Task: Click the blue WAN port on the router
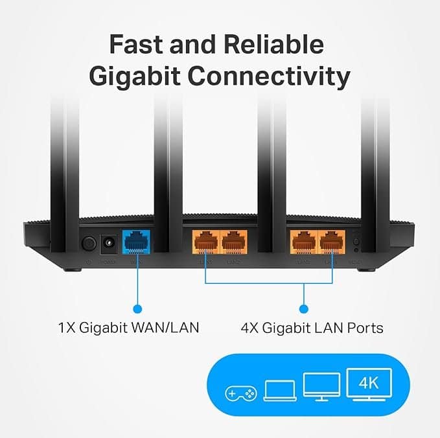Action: (x=136, y=243)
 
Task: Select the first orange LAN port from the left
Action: (x=205, y=243)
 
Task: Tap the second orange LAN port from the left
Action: (x=235, y=243)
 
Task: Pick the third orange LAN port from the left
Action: (x=303, y=243)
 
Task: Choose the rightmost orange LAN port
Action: (x=332, y=243)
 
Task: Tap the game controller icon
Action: (x=240, y=393)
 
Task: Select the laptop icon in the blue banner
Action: (x=279, y=390)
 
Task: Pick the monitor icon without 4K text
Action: (x=321, y=387)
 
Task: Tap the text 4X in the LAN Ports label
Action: (x=251, y=328)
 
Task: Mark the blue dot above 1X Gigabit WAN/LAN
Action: (x=136, y=308)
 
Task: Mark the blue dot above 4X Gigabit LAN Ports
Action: (x=303, y=308)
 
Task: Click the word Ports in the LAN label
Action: (x=364, y=328)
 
